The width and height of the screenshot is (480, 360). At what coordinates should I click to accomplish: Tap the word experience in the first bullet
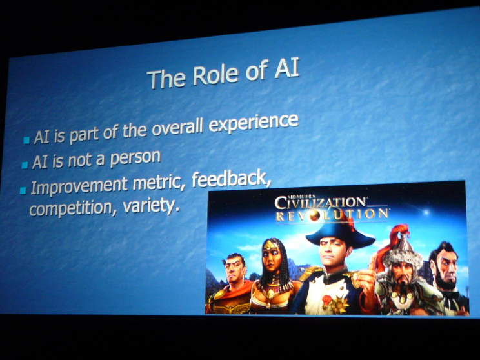tap(254, 123)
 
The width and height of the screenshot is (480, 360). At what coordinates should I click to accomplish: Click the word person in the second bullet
tap(135, 157)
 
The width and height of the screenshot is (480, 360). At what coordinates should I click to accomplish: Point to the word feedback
tap(232, 179)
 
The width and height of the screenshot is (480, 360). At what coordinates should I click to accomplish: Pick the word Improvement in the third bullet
tap(79, 186)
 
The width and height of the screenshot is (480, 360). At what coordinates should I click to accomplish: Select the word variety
tap(150, 206)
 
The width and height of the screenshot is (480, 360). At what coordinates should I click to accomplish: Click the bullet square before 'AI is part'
tap(26, 140)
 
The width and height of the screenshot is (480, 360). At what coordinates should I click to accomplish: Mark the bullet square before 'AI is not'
tap(25, 165)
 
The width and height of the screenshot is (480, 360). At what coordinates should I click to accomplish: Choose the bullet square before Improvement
tap(23, 190)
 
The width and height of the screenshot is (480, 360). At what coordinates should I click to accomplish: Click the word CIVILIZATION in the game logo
tap(320, 203)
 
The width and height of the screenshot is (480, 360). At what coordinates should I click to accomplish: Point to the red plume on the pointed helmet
tap(390, 242)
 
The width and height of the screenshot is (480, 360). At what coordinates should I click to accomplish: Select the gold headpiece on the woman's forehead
tap(270, 246)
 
